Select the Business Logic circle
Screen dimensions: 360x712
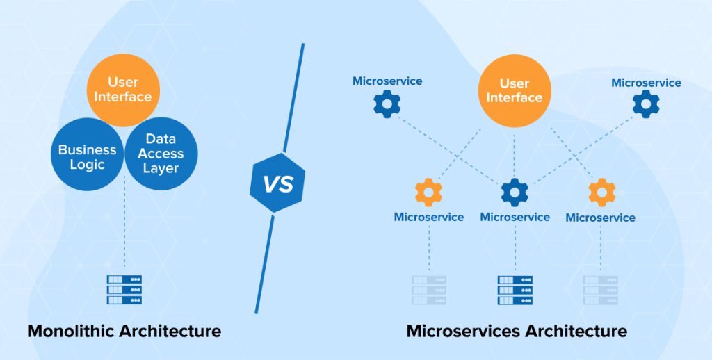87,156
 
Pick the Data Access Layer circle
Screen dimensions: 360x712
161,154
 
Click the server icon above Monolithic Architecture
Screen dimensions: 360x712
124,289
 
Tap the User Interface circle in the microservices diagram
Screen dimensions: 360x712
514,90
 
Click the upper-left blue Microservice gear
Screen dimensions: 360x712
387,104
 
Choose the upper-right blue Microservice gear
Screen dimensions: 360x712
646,105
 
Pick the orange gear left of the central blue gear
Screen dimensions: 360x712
428,192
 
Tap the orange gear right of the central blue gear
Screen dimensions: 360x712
601,192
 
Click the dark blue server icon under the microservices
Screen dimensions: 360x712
515,289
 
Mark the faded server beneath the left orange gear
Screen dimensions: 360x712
428,289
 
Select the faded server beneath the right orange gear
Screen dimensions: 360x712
601,289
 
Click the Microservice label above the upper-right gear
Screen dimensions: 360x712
646,83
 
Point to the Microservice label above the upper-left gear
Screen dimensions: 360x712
387,81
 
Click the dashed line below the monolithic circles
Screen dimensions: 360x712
124,229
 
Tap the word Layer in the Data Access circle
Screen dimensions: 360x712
161,168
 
